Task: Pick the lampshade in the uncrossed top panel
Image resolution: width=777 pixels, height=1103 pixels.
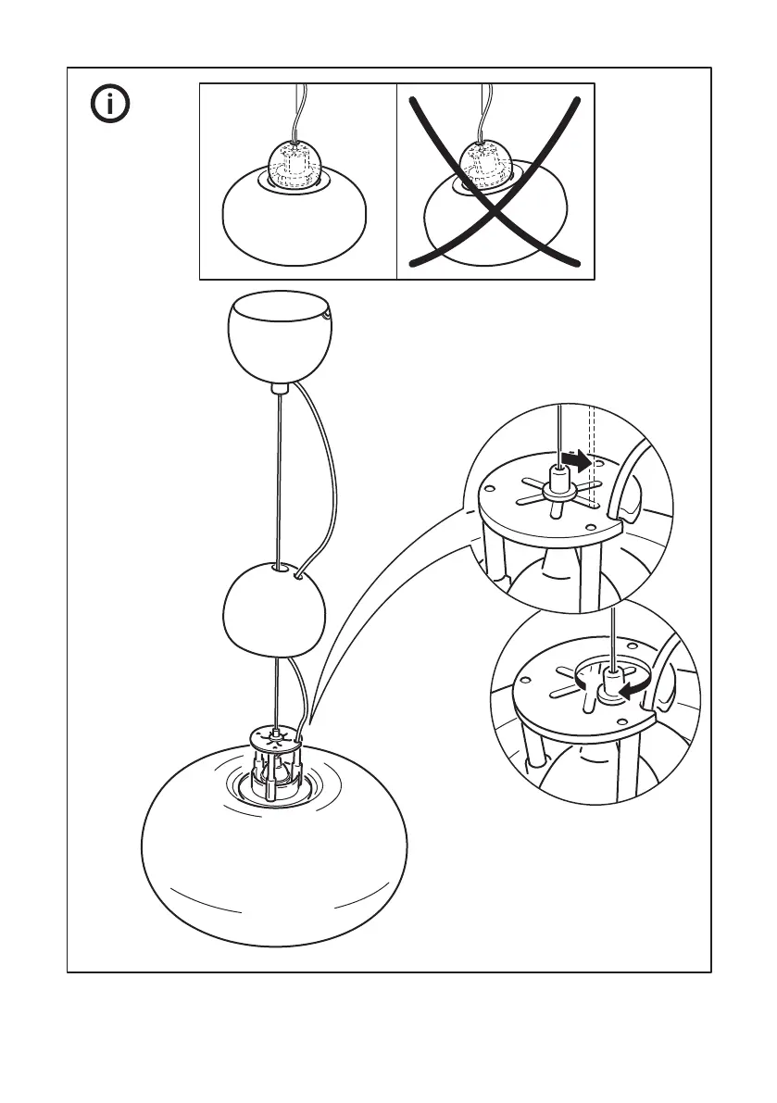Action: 297,222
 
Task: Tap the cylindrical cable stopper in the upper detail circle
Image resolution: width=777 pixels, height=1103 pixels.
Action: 558,480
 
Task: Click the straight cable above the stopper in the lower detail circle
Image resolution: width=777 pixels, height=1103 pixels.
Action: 612,639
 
